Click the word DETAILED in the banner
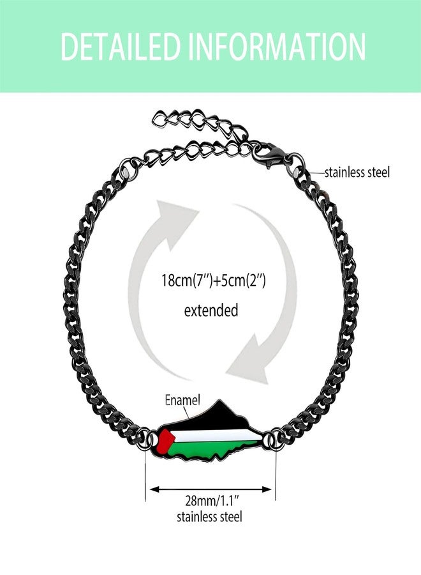[x=121, y=47]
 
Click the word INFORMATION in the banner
[x=277, y=47]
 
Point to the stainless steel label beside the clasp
[x=357, y=172]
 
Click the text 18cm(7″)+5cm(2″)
[x=214, y=281]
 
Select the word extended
[x=211, y=310]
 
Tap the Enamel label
[x=182, y=400]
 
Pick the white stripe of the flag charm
[x=216, y=436]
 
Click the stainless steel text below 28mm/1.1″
[x=209, y=517]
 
